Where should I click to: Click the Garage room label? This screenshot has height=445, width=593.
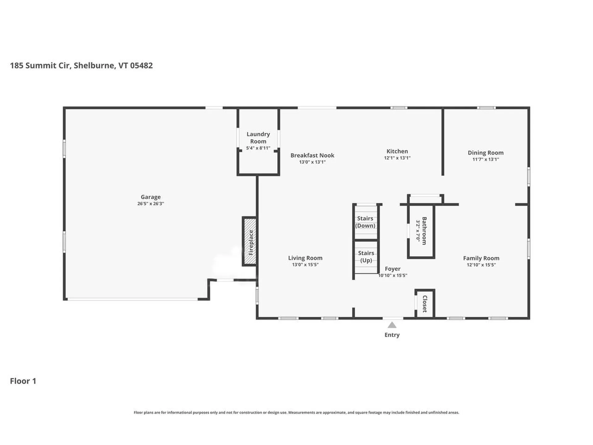150,197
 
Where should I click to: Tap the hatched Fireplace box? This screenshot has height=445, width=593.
250,241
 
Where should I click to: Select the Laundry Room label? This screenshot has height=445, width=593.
258,138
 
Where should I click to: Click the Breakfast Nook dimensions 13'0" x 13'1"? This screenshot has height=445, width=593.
312,162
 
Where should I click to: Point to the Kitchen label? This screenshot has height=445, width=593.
397,151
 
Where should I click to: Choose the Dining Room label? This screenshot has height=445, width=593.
485,152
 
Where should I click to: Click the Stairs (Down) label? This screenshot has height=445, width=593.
365,222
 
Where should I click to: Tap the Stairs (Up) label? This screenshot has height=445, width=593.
366,256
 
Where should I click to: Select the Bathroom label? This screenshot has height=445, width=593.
424,231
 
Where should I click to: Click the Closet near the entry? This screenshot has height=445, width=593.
425,304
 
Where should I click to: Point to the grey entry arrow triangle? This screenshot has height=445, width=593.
392,325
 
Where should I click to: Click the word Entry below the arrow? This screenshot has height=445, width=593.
392,335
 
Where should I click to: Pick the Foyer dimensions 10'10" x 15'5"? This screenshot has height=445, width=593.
393,275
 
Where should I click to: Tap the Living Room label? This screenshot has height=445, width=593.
305,258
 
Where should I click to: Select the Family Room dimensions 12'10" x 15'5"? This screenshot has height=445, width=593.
481,265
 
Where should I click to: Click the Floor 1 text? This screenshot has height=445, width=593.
23,381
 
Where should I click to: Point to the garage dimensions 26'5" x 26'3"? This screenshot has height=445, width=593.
150,204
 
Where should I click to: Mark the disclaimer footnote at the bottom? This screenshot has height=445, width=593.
296,412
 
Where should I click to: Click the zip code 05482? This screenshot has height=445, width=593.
141,66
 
